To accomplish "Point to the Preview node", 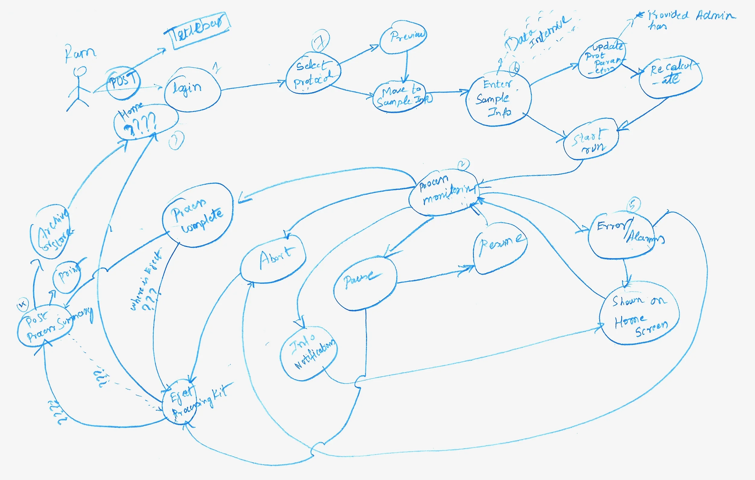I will click(403, 37).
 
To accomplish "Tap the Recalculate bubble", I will click(670, 77).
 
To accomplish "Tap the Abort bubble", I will click(273, 259).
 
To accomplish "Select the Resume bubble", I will click(500, 248).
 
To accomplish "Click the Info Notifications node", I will click(309, 353).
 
